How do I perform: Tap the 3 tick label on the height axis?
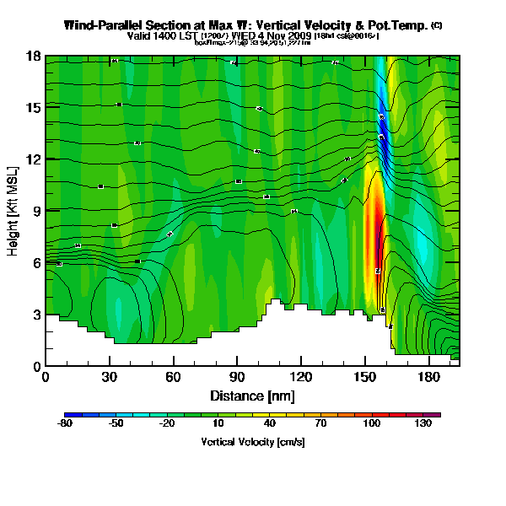(37, 315)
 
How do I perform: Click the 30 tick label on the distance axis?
(109, 376)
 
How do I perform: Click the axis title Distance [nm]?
(252, 395)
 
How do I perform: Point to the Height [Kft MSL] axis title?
(14, 211)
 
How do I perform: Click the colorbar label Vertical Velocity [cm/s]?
(252, 441)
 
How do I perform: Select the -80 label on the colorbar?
(64, 423)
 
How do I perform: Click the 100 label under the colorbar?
(371, 423)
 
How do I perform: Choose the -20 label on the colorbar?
(166, 423)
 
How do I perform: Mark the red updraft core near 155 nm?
(377, 236)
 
